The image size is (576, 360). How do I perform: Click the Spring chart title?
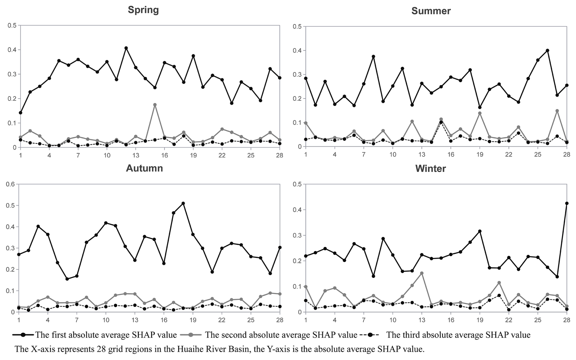(x=143, y=10)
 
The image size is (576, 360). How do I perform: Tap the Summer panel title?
(x=431, y=11)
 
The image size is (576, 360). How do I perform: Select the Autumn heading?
(x=144, y=168)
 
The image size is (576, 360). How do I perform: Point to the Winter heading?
(x=430, y=169)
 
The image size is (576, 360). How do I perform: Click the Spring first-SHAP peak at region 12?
(x=126, y=48)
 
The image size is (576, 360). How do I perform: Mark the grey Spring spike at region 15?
(x=155, y=105)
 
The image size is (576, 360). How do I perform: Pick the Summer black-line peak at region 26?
(x=547, y=51)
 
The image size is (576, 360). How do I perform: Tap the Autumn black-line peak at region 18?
(x=183, y=203)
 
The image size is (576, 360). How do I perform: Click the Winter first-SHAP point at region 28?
(x=567, y=203)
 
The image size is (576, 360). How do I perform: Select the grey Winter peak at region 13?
(x=422, y=273)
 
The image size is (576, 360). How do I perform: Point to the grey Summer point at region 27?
(x=557, y=111)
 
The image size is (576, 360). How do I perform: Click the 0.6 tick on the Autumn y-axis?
(x=10, y=184)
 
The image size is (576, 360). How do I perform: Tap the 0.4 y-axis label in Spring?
(x=12, y=50)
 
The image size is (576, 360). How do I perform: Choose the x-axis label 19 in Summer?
(x=479, y=155)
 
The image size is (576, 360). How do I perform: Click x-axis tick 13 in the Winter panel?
(x=422, y=320)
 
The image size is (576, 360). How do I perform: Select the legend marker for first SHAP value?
(x=23, y=335)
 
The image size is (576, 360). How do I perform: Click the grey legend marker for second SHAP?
(x=191, y=335)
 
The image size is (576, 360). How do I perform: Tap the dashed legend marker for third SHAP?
(x=370, y=335)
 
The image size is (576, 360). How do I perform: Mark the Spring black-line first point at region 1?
(x=20, y=113)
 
